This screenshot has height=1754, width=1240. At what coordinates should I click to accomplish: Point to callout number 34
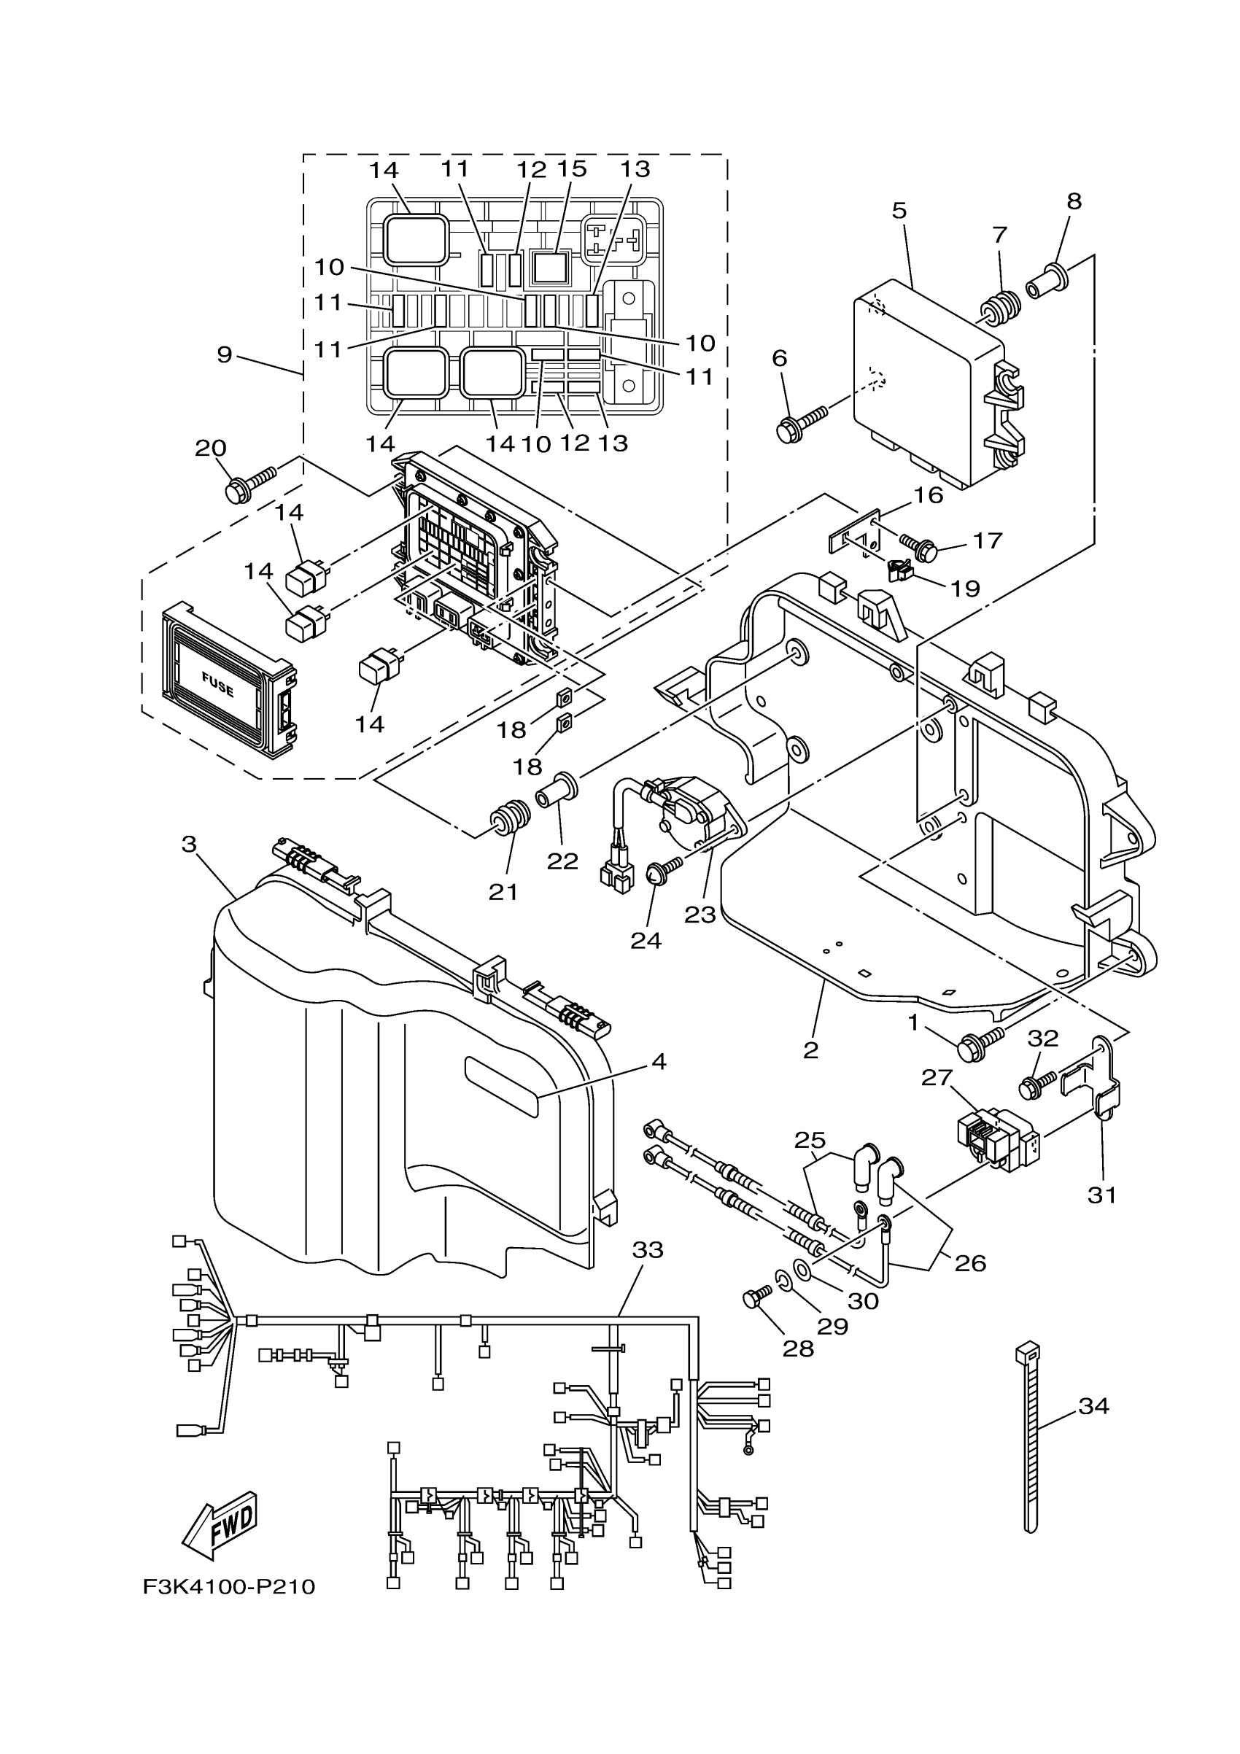click(1093, 1406)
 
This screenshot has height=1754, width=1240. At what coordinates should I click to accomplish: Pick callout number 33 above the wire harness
click(647, 1251)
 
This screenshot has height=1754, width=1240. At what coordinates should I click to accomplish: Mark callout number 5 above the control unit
click(899, 211)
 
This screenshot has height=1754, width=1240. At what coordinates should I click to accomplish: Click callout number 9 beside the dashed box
click(224, 354)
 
